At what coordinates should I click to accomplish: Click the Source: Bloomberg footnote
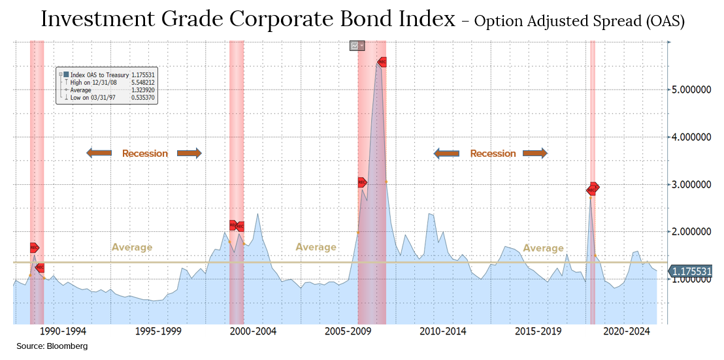52,346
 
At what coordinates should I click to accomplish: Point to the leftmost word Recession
145,154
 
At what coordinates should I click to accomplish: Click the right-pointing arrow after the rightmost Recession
535,154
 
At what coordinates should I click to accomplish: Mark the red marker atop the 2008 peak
382,62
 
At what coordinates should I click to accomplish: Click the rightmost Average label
543,248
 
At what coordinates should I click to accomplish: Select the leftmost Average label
132,248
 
